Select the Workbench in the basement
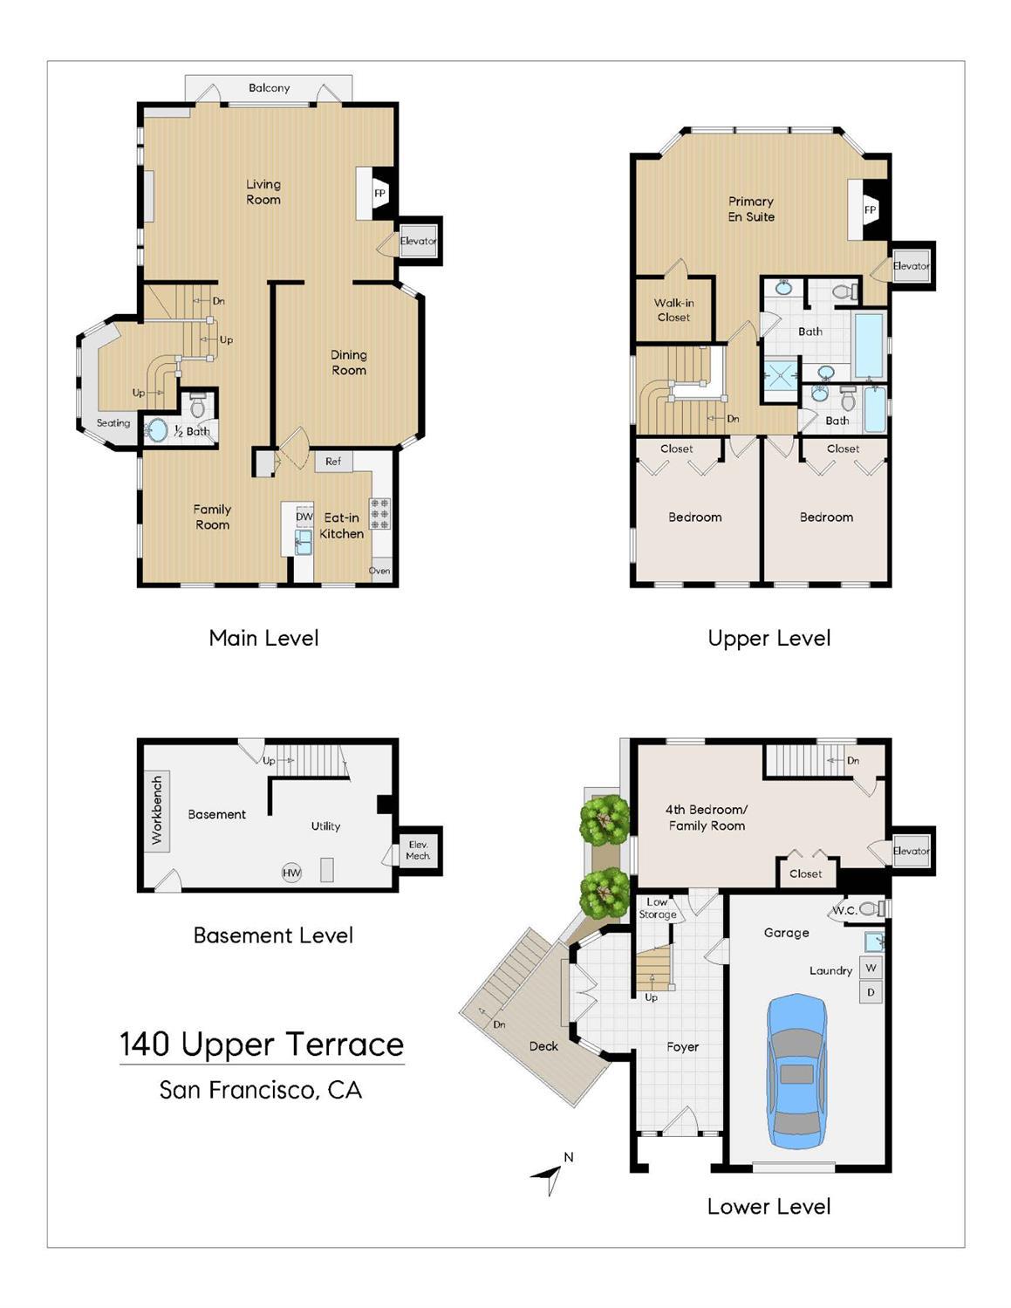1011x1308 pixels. pyautogui.click(x=156, y=810)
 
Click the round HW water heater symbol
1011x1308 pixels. pyautogui.click(x=291, y=873)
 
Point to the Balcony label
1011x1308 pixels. pyautogui.click(x=269, y=88)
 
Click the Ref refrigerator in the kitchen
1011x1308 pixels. pyautogui.click(x=333, y=462)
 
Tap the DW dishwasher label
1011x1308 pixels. pyautogui.click(x=304, y=517)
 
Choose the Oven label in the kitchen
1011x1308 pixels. pyautogui.click(x=379, y=571)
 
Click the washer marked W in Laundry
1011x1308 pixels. pyautogui.click(x=871, y=969)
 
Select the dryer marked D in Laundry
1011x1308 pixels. pyautogui.click(x=871, y=992)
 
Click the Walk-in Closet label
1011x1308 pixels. pyautogui.click(x=673, y=310)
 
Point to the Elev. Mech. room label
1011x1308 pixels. pyautogui.click(x=418, y=850)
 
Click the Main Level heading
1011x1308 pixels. pyautogui.click(x=263, y=638)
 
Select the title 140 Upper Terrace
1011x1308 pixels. pyautogui.click(x=262, y=1044)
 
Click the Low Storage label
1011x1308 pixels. pyautogui.click(x=657, y=908)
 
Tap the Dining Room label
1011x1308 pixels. pyautogui.click(x=348, y=362)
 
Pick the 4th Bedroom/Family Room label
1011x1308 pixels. pyautogui.click(x=707, y=818)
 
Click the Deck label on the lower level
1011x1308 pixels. pyautogui.click(x=543, y=1046)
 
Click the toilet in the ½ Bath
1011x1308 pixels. pyautogui.click(x=198, y=406)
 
